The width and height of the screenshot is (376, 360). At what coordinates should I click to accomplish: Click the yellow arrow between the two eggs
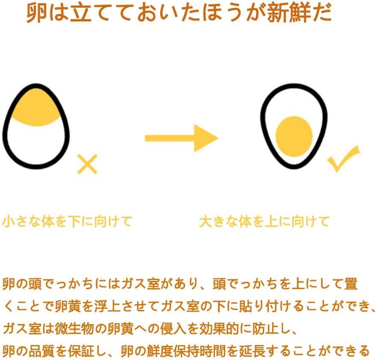tap(181, 138)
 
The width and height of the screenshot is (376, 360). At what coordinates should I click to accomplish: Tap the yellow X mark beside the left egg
tap(88, 164)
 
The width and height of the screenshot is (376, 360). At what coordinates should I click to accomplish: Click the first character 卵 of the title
tap(37, 14)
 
